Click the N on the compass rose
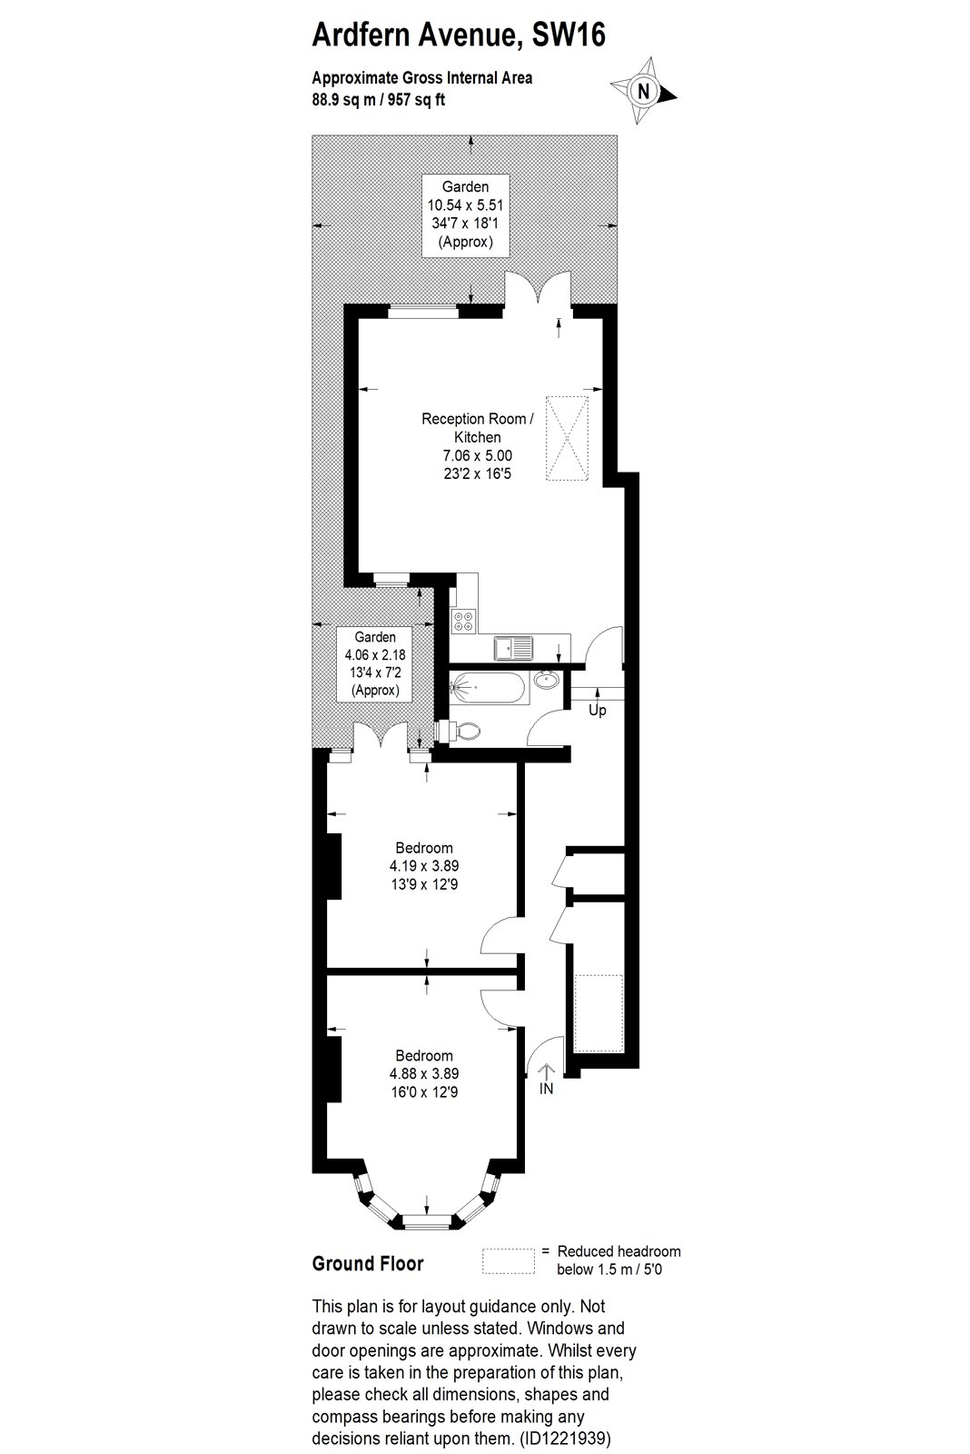[x=643, y=91]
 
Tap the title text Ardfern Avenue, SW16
[x=459, y=35]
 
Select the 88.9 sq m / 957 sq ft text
[x=378, y=101]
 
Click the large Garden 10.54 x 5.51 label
[x=465, y=214]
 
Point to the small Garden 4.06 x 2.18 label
[x=375, y=663]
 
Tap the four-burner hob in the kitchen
[x=464, y=622]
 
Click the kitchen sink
[x=513, y=648]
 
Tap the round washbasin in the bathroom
[x=548, y=681]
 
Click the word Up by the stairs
[x=597, y=711]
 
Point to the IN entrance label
[x=547, y=1089]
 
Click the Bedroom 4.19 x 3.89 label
[x=424, y=866]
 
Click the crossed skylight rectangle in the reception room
[x=567, y=439]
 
